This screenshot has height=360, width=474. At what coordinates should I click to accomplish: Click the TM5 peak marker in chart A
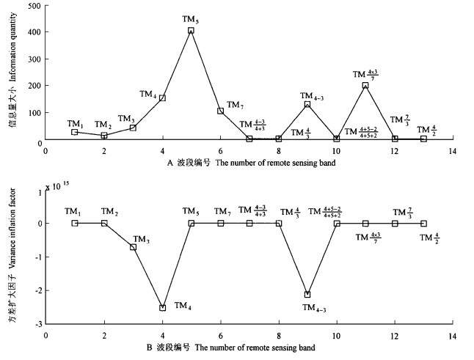tap(191, 31)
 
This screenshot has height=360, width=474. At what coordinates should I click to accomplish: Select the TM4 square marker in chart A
tap(162, 98)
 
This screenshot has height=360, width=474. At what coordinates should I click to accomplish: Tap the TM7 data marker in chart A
tap(220, 111)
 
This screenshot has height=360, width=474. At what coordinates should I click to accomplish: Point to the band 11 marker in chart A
tap(365, 85)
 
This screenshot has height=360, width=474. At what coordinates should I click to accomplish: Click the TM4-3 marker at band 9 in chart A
tap(307, 104)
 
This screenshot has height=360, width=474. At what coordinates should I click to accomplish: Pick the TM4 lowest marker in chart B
tap(162, 308)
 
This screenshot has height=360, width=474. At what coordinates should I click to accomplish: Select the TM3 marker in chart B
tap(133, 247)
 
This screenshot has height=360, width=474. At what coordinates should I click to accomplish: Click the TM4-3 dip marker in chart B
tap(307, 295)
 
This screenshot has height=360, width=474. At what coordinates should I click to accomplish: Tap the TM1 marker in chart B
tap(75, 223)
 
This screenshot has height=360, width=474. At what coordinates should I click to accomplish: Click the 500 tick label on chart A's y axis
tap(32, 6)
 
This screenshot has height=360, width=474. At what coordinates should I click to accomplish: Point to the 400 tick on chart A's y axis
tap(32, 33)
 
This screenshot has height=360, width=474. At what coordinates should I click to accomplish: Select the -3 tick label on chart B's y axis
tap(37, 323)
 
